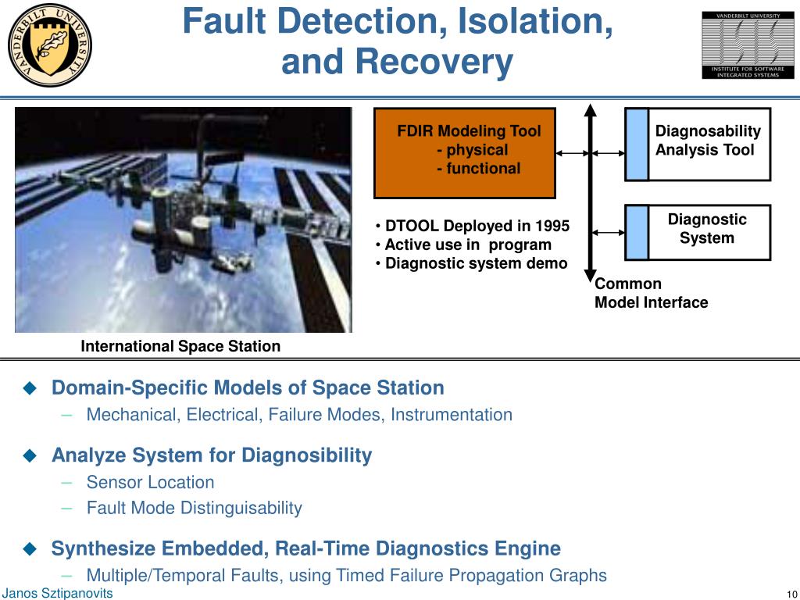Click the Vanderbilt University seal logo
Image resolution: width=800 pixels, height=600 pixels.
[x=49, y=45]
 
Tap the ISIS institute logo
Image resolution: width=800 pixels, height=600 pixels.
[x=741, y=45]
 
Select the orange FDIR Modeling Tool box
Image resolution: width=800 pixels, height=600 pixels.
[x=465, y=153]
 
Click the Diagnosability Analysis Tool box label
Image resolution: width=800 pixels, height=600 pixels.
[x=708, y=141]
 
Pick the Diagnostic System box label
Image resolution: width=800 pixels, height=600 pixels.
[x=707, y=229]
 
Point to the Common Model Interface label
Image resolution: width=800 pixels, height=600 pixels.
[x=651, y=293]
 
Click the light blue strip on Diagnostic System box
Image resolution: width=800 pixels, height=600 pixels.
[x=637, y=232]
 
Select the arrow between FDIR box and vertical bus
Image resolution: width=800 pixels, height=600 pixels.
[x=573, y=154]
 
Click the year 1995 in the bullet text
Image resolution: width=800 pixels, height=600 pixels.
[x=552, y=227]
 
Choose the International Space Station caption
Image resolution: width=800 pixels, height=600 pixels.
[x=180, y=346]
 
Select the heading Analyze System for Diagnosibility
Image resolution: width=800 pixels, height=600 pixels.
[x=211, y=455]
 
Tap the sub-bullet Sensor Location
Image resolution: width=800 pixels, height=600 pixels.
[x=150, y=483]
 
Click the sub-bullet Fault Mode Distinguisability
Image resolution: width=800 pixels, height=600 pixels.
[x=194, y=508]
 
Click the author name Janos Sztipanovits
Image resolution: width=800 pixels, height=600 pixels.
[x=57, y=594]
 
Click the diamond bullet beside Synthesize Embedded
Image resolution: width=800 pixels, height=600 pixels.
[x=30, y=548]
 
